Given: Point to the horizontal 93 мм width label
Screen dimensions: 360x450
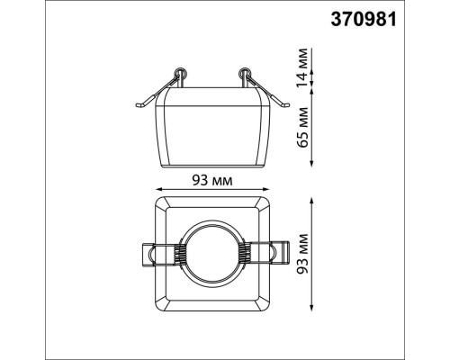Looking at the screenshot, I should coord(213,180).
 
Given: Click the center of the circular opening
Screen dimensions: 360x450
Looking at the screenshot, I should coord(213,254).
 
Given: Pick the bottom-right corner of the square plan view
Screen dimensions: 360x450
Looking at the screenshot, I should coord(270,310).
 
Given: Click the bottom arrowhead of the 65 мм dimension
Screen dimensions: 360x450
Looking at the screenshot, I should coord(310,166).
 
